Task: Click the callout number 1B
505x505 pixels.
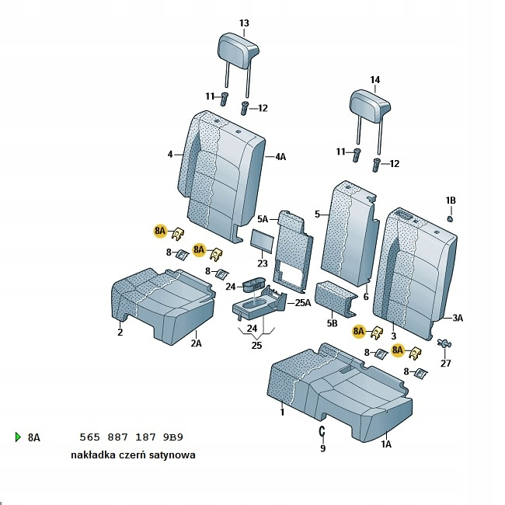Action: tap(451, 200)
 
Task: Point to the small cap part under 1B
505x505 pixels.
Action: tap(451, 218)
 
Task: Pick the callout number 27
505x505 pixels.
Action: tap(445, 364)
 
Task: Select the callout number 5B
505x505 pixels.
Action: tap(333, 322)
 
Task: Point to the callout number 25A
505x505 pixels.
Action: tap(301, 302)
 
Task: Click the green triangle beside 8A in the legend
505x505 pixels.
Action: tap(18, 437)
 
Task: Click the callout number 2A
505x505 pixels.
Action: tap(197, 343)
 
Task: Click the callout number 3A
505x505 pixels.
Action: tap(458, 318)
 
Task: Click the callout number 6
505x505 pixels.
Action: tap(365, 297)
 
